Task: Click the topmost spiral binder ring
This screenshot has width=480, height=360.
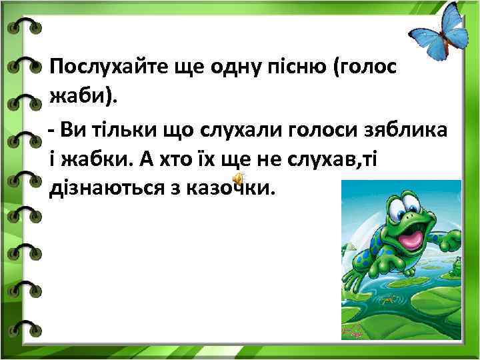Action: click(25, 27)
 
